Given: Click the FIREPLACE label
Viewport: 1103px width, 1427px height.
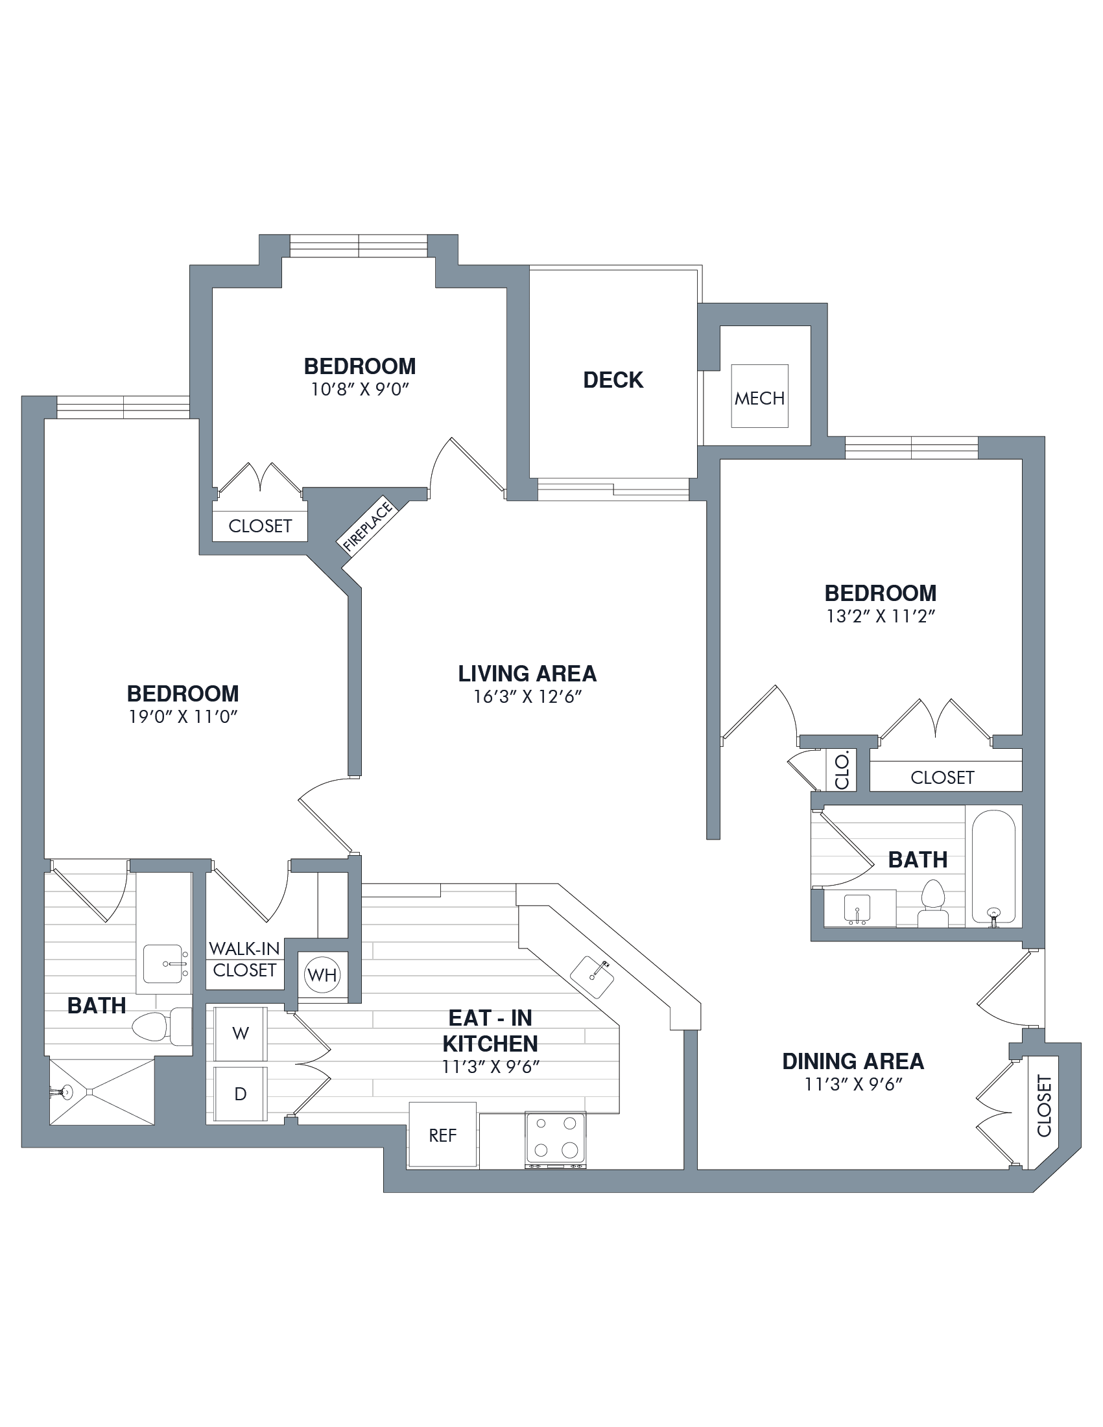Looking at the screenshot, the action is (368, 526).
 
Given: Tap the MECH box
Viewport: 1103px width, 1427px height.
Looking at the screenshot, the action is (759, 396).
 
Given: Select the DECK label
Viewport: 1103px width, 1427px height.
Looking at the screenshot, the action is (613, 380).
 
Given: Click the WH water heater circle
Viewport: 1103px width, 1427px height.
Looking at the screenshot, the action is (322, 975).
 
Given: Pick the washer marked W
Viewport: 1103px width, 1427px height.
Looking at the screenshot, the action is (241, 1033).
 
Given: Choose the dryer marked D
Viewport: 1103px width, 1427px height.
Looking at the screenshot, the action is (241, 1094).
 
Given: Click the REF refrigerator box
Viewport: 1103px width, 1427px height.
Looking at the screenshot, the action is (442, 1135).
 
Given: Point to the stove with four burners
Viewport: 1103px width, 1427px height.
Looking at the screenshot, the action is (556, 1140).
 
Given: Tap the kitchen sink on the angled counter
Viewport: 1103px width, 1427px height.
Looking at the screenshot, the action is (592, 977).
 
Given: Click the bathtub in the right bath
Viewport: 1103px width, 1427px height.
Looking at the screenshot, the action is (993, 867).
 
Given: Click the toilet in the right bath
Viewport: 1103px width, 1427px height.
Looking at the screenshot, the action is (933, 904).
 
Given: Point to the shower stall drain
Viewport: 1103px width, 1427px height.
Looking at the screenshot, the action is (89, 1092).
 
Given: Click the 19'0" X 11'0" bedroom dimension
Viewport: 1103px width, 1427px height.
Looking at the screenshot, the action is (183, 717).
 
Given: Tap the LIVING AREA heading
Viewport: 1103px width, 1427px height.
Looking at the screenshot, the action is (527, 674).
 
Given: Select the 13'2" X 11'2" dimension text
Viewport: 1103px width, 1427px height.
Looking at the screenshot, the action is (881, 616).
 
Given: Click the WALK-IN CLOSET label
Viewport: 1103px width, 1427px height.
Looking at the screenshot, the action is (244, 959).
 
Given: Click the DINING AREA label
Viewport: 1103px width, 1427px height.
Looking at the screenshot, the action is (853, 1061).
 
